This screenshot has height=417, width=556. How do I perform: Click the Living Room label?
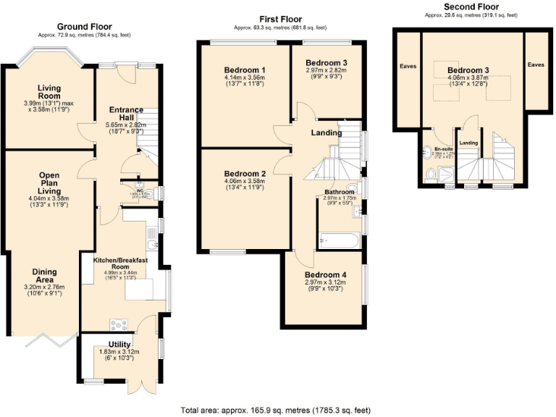[x=49, y=92]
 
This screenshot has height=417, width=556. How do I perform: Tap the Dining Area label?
[x=44, y=277]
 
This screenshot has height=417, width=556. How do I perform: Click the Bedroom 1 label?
[x=244, y=70]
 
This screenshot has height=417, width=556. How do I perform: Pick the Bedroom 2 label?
[x=244, y=174]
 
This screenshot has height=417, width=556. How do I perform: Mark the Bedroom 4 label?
[x=325, y=275]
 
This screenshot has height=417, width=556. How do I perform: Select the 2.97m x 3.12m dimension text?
[x=325, y=283]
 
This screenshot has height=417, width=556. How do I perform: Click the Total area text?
[x=277, y=409]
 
